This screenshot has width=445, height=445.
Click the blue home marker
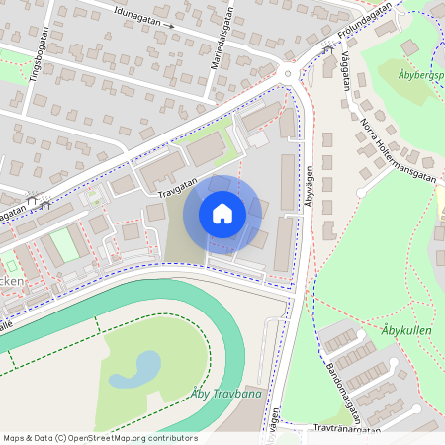(x=222, y=213)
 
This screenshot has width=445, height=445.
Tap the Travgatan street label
(x=178, y=185)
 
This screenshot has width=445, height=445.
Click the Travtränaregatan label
(x=346, y=429)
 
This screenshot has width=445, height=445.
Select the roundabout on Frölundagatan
(x=288, y=72)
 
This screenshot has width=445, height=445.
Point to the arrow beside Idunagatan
(x=169, y=25)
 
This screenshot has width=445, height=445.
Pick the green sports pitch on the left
(x=65, y=244)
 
